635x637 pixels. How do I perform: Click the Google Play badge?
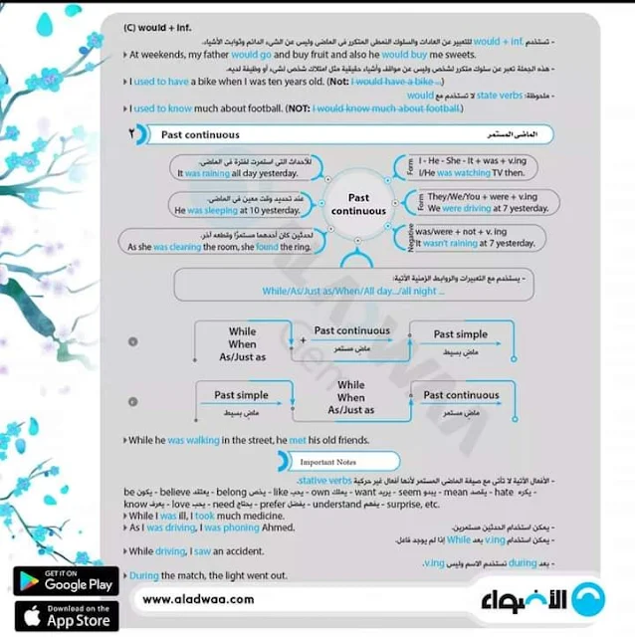coord(66,580)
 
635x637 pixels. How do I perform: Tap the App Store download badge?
coord(66,615)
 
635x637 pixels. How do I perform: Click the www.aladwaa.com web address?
coord(198,599)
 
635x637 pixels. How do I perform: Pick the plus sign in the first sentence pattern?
coord(304,340)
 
